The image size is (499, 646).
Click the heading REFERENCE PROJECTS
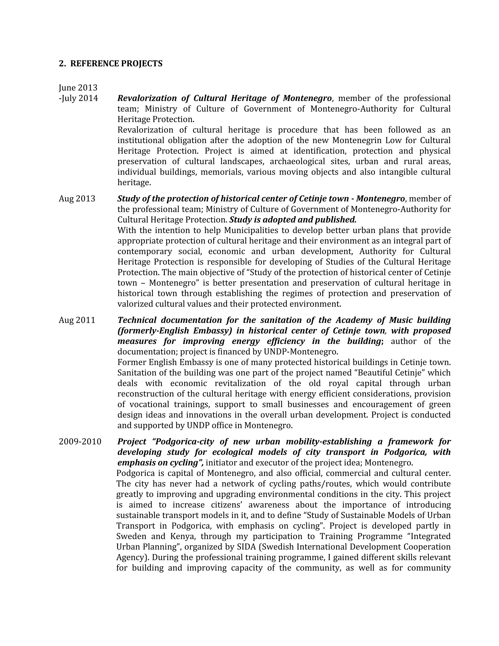pos(116,64)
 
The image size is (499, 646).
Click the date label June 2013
pos(78,88)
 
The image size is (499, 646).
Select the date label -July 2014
pos(78,98)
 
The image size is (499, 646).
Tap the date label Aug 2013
pos(77,199)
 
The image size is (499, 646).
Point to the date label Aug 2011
pos(77,320)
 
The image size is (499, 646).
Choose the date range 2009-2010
pos(80,442)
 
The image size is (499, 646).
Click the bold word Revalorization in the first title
pos(143,98)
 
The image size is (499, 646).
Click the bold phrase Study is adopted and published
pos(293,220)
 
